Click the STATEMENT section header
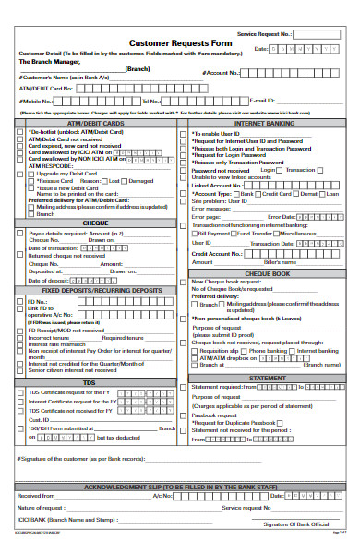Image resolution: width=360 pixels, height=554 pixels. point(268,378)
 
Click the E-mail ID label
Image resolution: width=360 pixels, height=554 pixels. point(264,101)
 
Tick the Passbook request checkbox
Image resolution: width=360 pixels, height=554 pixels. point(192,415)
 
